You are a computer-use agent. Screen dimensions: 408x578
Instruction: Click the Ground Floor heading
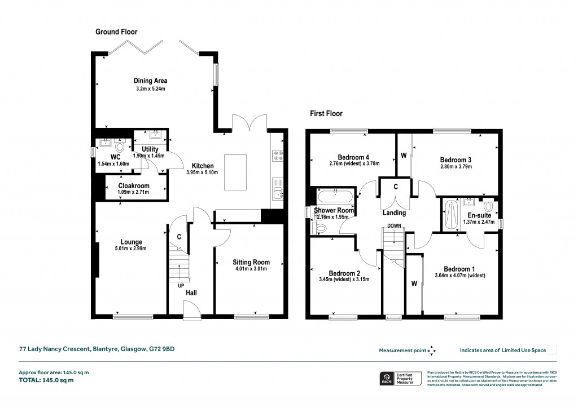pyautogui.click(x=116, y=32)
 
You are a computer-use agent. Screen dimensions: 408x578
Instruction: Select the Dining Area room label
pyautogui.click(x=150, y=81)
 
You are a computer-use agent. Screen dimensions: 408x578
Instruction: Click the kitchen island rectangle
pyautogui.click(x=237, y=172)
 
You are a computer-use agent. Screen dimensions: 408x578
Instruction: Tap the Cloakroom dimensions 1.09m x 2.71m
pyautogui.click(x=134, y=193)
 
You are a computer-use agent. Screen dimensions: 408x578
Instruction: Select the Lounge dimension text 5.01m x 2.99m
pyautogui.click(x=131, y=249)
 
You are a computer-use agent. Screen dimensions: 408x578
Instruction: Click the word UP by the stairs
pyautogui.click(x=182, y=286)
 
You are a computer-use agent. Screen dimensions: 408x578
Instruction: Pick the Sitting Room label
pyautogui.click(x=251, y=262)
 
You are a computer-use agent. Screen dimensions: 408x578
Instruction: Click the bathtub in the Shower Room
pyautogui.click(x=335, y=196)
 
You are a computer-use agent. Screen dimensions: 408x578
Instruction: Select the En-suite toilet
pyautogui.click(x=488, y=206)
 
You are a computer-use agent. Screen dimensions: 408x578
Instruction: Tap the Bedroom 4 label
pyautogui.click(x=353, y=157)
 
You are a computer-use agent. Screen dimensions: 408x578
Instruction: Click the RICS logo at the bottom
pyautogui.click(x=387, y=378)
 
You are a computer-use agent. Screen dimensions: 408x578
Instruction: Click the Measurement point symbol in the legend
pyautogui.click(x=432, y=350)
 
